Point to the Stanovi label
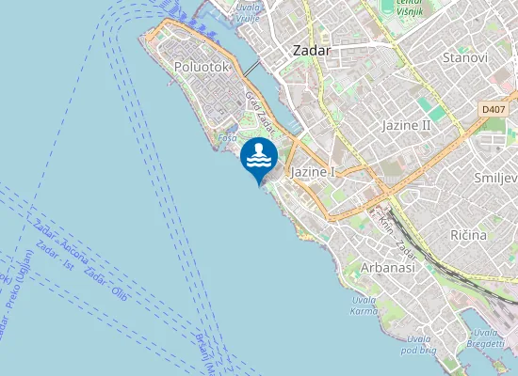pyautogui.click(x=464, y=57)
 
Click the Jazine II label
pyautogui.click(x=406, y=124)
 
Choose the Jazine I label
pyautogui.click(x=314, y=172)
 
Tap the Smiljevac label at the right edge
pyautogui.click(x=495, y=178)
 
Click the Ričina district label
pyautogui.click(x=468, y=234)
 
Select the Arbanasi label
pyautogui.click(x=388, y=268)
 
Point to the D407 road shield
pyautogui.click(x=493, y=109)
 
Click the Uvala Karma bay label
pyautogui.click(x=364, y=305)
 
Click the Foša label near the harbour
pyautogui.click(x=227, y=137)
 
